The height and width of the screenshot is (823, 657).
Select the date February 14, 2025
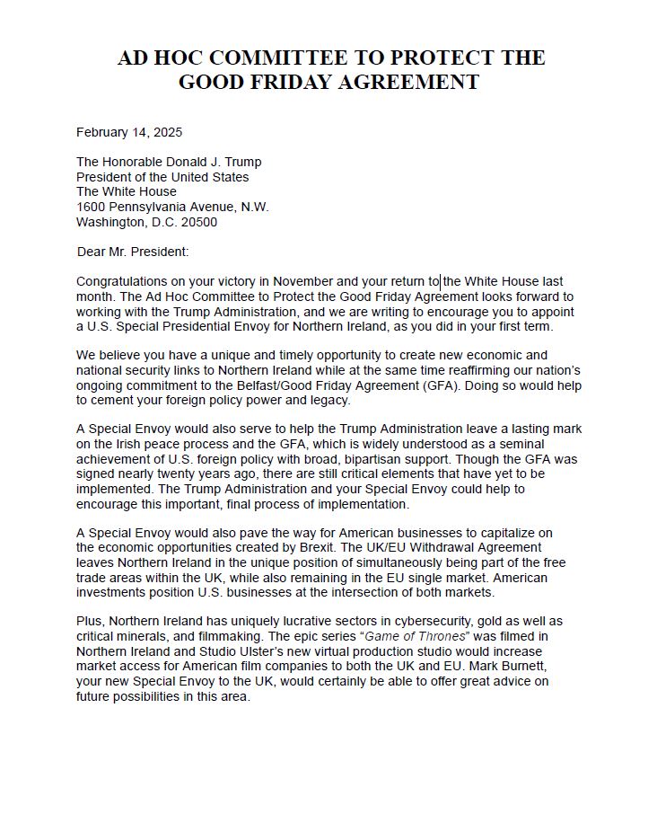coord(129,132)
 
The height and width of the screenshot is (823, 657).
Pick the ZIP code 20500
coord(197,222)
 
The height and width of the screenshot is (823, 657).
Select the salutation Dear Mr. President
coord(133,252)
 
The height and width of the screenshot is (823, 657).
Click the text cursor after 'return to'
coord(442,281)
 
